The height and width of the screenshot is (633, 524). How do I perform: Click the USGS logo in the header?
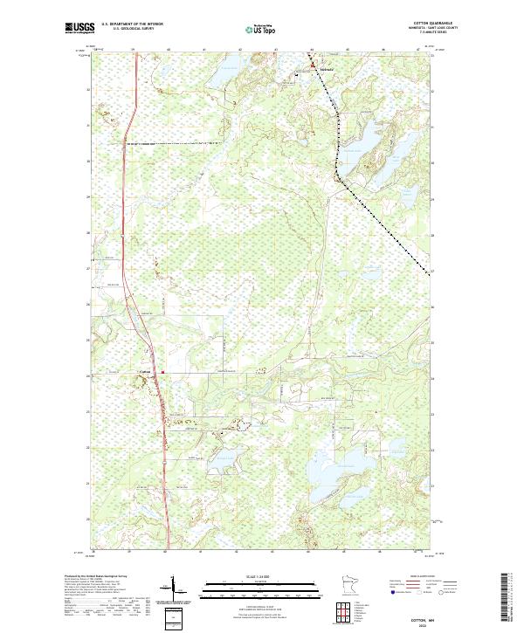pyautogui.click(x=79, y=28)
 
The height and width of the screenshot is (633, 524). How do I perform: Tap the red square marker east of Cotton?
pyautogui.click(x=162, y=370)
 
